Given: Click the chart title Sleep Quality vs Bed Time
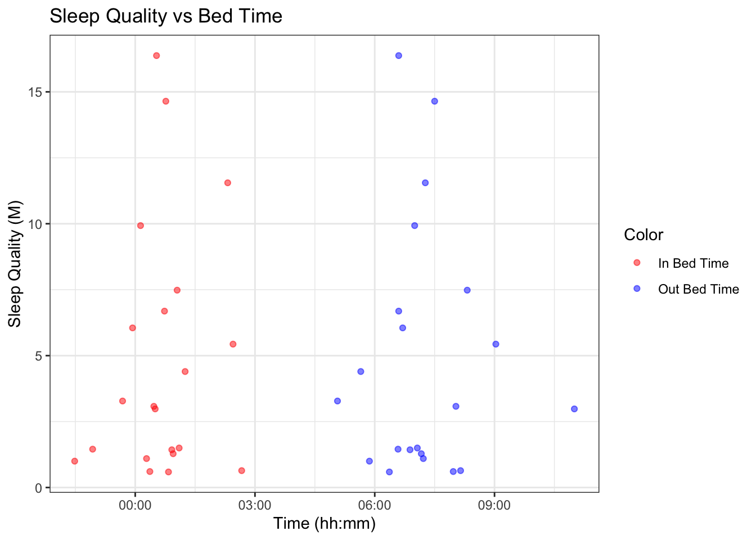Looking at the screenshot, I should [x=166, y=16].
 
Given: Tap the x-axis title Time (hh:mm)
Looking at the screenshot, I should [x=324, y=524].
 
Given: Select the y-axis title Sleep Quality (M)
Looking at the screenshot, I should [x=15, y=263].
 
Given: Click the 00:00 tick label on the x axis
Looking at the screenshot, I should [x=136, y=506].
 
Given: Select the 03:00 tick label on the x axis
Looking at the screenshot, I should [x=255, y=506].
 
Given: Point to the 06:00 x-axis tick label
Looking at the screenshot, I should [x=375, y=506].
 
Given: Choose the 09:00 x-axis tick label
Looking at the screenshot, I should [x=494, y=506].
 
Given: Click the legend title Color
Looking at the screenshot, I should [x=643, y=235].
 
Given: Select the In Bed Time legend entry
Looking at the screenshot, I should [x=693, y=263].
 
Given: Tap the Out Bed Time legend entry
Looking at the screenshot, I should [x=698, y=289].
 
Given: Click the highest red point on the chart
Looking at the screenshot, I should [x=156, y=56].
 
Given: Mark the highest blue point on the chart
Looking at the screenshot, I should [x=398, y=56].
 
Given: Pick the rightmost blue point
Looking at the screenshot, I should [x=574, y=409].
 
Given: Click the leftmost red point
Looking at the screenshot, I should [x=74, y=461].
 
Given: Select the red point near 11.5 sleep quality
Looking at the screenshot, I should [x=227, y=183].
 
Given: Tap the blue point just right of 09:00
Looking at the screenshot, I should [x=496, y=344].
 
